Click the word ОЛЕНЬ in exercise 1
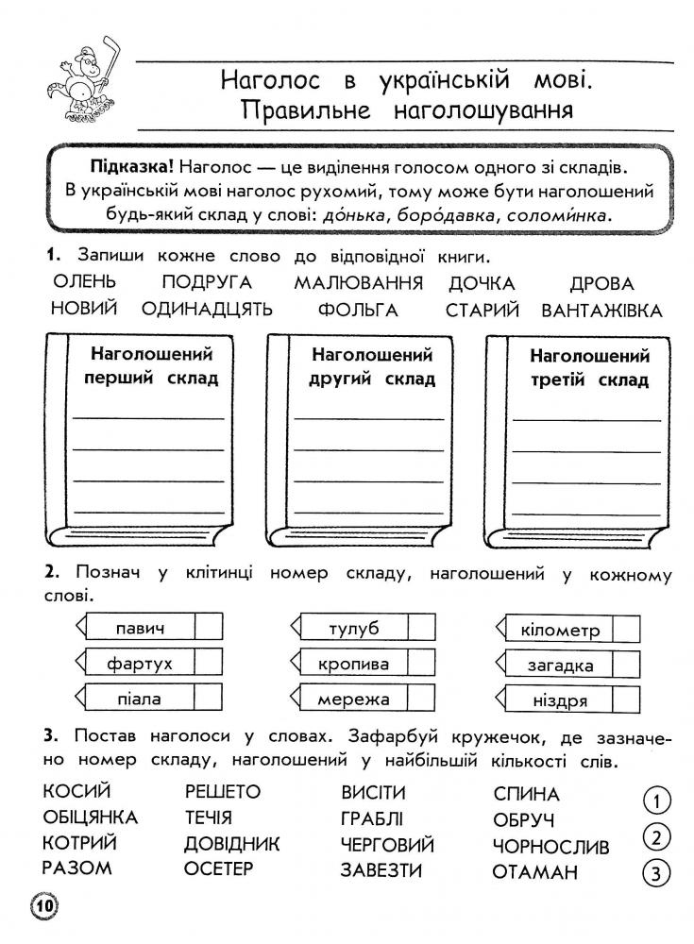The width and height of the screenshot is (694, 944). click(x=84, y=282)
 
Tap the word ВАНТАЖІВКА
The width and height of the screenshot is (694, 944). click(x=602, y=310)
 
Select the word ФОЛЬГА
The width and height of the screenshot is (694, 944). click(x=358, y=310)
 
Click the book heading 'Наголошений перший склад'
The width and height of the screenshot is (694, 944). click(x=151, y=367)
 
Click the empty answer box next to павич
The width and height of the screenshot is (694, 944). click(x=208, y=627)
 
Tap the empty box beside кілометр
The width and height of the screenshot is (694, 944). click(x=626, y=630)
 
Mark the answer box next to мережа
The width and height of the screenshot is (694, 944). click(x=421, y=700)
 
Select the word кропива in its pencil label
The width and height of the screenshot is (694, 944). click(x=353, y=664)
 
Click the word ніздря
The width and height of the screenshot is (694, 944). click(x=560, y=700)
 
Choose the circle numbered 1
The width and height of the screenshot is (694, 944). click(x=655, y=801)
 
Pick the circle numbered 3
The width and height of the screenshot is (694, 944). click(x=655, y=872)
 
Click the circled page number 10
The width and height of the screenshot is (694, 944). click(x=44, y=907)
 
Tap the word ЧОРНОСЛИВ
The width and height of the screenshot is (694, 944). click(x=551, y=847)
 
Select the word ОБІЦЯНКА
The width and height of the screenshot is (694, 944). click(x=91, y=818)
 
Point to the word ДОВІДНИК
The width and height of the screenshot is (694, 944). click(x=232, y=843)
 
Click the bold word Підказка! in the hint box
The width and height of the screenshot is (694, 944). click(x=131, y=166)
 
